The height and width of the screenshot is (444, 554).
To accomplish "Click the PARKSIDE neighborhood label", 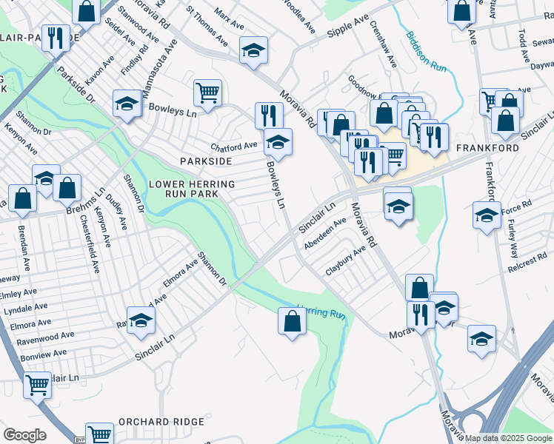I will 205,161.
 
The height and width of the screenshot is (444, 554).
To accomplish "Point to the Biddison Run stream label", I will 425,51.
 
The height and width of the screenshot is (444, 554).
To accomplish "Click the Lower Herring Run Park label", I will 193,189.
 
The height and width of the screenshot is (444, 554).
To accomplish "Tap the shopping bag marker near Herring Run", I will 292,321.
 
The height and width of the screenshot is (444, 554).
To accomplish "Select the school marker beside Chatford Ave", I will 278,141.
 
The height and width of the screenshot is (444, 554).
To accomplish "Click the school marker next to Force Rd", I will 487,215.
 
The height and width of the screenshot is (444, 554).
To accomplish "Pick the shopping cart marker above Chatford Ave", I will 207,93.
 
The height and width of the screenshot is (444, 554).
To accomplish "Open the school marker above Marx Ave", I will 253,50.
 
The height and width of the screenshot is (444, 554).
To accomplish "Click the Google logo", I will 24,434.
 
